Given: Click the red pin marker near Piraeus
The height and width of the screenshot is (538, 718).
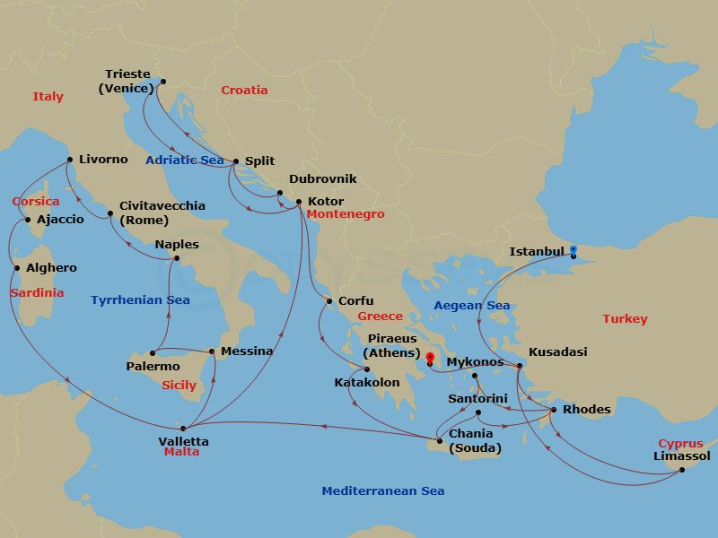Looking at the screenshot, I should (430, 359).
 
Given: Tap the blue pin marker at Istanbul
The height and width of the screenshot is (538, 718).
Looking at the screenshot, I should (574, 249).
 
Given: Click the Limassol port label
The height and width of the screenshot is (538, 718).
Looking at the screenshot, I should (682, 456).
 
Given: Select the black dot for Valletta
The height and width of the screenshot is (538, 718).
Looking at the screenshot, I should (183, 429).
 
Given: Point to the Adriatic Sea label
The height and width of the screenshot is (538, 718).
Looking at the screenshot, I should (184, 161).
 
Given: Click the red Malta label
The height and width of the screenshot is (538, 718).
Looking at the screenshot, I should (181, 453).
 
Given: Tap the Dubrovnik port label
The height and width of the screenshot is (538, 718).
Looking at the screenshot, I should (322, 179).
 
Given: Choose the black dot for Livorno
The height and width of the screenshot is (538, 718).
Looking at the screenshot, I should (69, 161).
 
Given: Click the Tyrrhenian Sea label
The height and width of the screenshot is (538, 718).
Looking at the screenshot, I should (140, 300).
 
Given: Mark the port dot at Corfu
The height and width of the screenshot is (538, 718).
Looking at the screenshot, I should (329, 301).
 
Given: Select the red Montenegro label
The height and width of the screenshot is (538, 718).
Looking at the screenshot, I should (345, 215).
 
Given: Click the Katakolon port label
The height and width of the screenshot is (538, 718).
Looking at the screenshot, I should (367, 383).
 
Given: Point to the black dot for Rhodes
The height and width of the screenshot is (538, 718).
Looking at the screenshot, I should (553, 410).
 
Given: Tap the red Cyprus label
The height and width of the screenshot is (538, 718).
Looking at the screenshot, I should (680, 444).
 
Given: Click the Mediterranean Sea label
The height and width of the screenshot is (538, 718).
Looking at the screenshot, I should (383, 491).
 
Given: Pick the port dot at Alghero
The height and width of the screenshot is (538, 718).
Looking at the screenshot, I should (16, 268).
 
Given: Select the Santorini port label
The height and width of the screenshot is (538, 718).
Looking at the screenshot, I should (478, 399).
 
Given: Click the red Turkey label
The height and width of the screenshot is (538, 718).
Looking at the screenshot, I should (625, 319).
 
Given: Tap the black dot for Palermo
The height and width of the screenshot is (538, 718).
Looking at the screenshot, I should (152, 353).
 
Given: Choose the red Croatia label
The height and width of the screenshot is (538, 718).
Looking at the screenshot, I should (244, 91).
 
